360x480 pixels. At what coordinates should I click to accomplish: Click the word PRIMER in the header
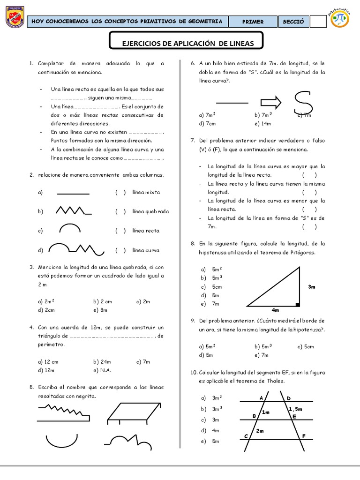tap(253, 22)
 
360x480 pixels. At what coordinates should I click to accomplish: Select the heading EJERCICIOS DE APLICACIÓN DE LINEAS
tap(187, 44)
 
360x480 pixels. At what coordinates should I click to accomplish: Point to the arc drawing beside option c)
tap(69, 228)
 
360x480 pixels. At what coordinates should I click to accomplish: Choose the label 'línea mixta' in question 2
tap(146, 192)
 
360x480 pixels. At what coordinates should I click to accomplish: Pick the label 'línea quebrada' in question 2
tap(150, 211)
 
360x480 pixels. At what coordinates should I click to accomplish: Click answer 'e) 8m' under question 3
tap(100, 310)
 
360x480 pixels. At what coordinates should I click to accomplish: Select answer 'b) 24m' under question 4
tap(102, 361)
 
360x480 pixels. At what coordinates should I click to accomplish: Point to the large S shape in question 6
tap(303, 102)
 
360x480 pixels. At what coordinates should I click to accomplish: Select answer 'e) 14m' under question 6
tap(262, 124)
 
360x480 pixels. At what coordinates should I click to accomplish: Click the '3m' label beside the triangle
tap(312, 286)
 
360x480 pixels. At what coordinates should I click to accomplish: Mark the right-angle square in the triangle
tap(297, 304)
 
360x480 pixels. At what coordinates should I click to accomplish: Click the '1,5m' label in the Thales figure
tap(295, 409)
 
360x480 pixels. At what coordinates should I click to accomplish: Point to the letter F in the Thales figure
tap(304, 436)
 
